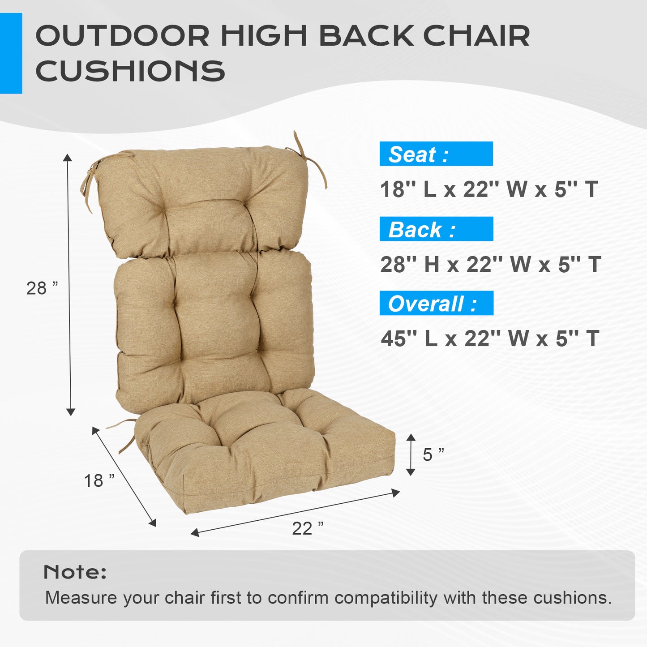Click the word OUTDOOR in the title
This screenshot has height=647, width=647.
click(x=122, y=36)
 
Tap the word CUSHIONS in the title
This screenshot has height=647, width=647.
click(x=130, y=71)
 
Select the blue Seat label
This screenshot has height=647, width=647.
click(x=436, y=154)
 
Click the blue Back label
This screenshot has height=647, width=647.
click(x=436, y=229)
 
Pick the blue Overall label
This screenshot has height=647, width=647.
click(x=436, y=304)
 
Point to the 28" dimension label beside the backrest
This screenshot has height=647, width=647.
click(x=42, y=288)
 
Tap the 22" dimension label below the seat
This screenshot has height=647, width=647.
click(x=308, y=528)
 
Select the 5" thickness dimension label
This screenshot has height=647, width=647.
click(x=433, y=454)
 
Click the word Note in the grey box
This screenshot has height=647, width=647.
click(x=75, y=572)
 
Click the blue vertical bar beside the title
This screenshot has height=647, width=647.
click(x=11, y=53)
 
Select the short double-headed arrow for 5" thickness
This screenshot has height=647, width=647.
click(x=411, y=454)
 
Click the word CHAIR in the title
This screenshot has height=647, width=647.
click(x=476, y=36)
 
